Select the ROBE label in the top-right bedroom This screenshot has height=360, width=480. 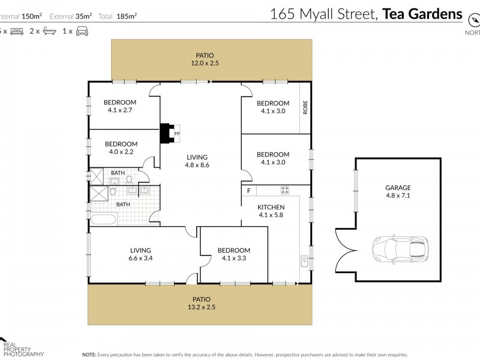point(305,107)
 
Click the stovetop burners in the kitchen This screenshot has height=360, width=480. point(285,190)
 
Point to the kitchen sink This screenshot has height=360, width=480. point(305,262)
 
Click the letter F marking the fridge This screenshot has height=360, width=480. point(248,191)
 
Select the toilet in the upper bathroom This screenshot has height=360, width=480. point(129,178)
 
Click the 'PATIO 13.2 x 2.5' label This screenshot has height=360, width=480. point(202,303)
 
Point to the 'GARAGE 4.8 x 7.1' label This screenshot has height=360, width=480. point(398,191)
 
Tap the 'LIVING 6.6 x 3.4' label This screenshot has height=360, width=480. point(140,254)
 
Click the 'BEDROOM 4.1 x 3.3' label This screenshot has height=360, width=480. point(233,254)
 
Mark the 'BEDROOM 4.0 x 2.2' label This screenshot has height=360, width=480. point(121,148)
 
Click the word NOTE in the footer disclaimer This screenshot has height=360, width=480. point(89,355)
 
